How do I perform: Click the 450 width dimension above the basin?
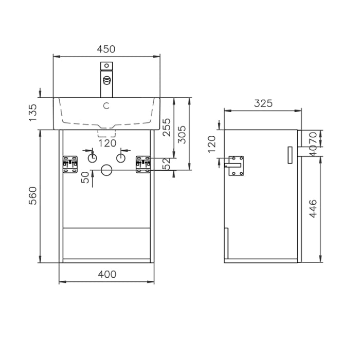pos(106,49)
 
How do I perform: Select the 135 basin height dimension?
pos(33,113)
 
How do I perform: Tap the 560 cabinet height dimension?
pos(33,196)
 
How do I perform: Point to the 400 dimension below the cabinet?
pos(106,274)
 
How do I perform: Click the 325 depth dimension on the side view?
pos(263,103)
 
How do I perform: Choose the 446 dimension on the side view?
pos(313,207)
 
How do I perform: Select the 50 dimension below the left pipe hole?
pos(86,177)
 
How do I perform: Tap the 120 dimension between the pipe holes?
pos(107,143)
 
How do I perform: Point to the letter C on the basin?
pos(106,106)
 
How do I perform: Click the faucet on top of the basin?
pos(106,80)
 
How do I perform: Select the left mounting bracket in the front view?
pos(69,164)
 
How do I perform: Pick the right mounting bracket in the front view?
pos(143,164)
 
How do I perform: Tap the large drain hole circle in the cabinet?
pos(107,170)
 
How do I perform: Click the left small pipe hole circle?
pos(93,158)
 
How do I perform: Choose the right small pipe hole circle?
pos(121,158)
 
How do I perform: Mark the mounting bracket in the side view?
pos(236,166)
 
